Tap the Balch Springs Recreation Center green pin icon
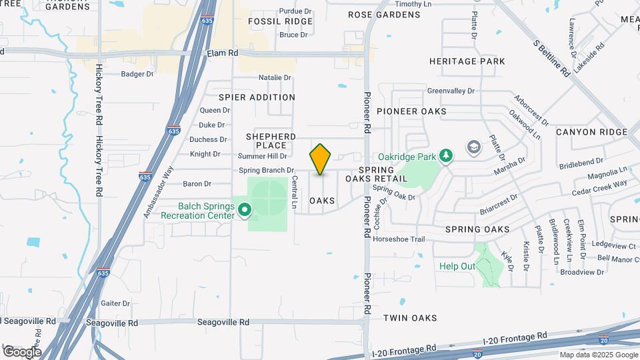[245, 211]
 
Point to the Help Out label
[457, 266]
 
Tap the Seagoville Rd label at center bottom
[223, 322]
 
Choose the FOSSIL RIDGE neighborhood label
[280, 21]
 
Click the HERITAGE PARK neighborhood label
[476, 61]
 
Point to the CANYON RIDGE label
[591, 132]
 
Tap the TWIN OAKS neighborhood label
[410, 318]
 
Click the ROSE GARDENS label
[384, 14]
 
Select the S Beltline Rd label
[551, 58]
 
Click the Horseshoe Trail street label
[399, 239]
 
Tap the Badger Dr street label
[137, 74]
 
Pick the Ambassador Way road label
[157, 191]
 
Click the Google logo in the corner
[22, 351]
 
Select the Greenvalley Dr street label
[451, 91]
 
